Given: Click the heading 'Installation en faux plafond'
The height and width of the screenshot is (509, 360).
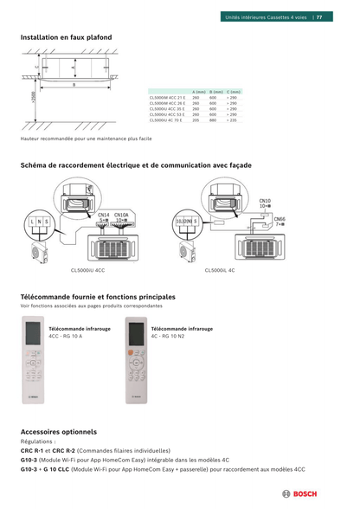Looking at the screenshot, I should tap(66, 37).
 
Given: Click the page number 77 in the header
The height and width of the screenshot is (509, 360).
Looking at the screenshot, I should tap(319, 16).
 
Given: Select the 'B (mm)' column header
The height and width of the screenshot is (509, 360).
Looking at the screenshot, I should tap(216, 92).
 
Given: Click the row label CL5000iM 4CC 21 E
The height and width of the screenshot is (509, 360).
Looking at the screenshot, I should tap(168, 98).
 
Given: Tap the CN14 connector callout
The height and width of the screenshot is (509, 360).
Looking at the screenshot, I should tap(103, 215).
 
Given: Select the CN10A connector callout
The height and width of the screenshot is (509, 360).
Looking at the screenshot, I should tap(122, 215).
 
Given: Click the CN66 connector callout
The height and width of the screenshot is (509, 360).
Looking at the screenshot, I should tap(280, 220).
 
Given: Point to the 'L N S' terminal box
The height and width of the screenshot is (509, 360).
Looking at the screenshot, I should tap(39, 222).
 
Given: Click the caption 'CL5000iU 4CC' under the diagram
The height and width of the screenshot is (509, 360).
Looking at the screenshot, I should tap(87, 271).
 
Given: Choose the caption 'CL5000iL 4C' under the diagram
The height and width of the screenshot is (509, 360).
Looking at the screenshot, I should tap(220, 271).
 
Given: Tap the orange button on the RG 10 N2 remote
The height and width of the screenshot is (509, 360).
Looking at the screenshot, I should tap(132, 353).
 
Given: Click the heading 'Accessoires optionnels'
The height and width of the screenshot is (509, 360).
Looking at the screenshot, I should tap(58, 431).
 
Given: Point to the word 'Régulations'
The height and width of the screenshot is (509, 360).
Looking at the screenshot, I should tap(37, 441).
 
